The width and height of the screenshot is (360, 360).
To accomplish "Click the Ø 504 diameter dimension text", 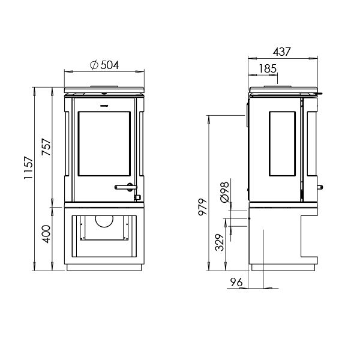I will pyautogui.click(x=104, y=65).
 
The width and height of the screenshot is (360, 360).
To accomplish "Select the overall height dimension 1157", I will pyautogui.click(x=25, y=179).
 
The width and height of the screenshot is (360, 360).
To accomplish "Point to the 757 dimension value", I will pyautogui.click(x=46, y=147).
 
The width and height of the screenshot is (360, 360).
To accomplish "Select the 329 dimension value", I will pyautogui.click(x=220, y=242).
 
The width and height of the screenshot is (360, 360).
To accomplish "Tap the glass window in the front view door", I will pyautogui.click(x=104, y=143).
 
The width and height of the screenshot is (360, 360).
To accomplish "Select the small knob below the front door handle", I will pyautogui.click(x=137, y=197).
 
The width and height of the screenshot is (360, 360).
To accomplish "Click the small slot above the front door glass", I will pyautogui.click(x=104, y=104).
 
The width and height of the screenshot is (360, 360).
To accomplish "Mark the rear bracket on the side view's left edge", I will pyautogui.click(x=247, y=118).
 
